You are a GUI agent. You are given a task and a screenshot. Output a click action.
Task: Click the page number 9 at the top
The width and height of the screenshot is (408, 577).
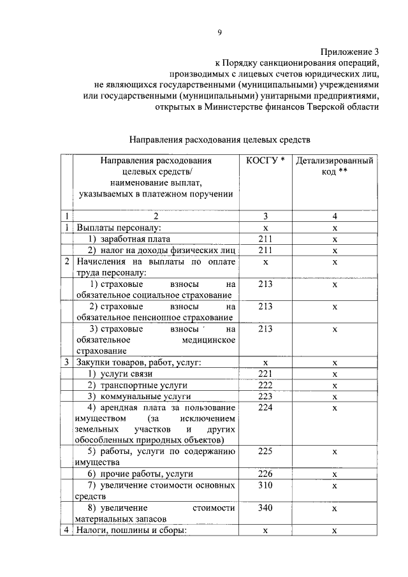(x=220, y=33)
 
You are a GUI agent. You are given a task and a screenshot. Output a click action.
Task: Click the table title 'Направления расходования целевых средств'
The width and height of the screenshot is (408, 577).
(x=220, y=138)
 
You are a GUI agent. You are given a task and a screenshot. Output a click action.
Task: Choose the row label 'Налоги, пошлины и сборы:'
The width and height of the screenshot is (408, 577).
(x=131, y=530)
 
